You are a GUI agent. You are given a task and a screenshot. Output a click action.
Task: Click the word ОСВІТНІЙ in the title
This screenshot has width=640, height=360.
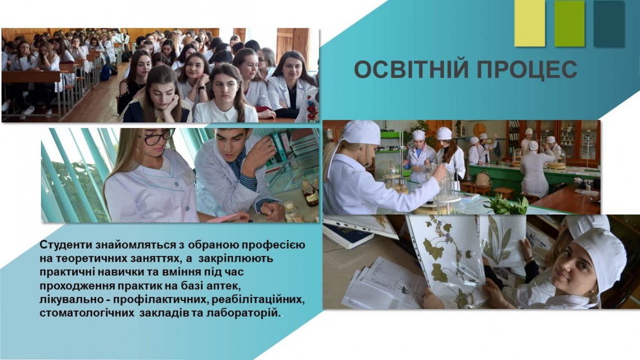[412, 69]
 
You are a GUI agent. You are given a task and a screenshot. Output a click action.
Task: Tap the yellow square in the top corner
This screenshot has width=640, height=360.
[529, 23]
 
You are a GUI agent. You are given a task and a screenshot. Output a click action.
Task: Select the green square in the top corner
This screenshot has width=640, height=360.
[569, 23]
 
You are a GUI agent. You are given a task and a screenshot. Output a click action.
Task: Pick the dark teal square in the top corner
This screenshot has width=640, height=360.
[609, 23]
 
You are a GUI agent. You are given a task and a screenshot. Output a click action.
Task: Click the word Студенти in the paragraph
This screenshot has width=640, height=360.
[66, 245]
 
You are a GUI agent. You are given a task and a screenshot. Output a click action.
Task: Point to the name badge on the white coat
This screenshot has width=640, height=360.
[189, 177]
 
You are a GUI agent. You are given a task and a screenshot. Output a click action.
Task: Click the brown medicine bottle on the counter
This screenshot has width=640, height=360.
[311, 193]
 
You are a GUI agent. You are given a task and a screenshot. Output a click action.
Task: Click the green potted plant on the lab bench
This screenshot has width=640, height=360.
[507, 204]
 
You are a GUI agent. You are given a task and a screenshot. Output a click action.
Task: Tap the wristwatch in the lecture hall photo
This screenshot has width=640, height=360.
[202, 88]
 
